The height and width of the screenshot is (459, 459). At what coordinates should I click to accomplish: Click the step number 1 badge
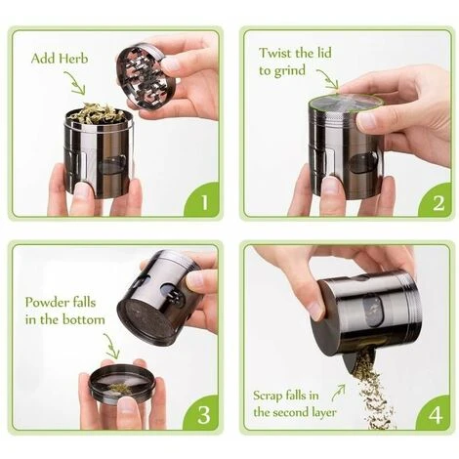pyautogui.click(x=202, y=201)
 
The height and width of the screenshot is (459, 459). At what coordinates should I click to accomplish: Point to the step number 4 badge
pyautogui.click(x=435, y=414)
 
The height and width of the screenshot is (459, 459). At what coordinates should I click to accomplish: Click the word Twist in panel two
pyautogui.click(x=276, y=53)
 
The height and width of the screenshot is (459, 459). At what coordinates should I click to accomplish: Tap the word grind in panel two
pyautogui.click(x=289, y=71)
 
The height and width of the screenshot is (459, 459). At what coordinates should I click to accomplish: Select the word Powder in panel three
pyautogui.click(x=47, y=302)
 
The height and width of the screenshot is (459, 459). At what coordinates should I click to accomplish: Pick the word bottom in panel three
pyautogui.click(x=83, y=319)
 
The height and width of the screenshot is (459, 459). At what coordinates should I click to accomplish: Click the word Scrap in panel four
pyautogui.click(x=268, y=396)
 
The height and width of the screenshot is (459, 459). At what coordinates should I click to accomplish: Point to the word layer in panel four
pyautogui.click(x=320, y=412)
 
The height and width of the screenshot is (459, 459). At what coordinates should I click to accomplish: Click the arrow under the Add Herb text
pyautogui.click(x=75, y=83)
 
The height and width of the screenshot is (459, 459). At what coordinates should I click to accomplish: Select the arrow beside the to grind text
pyautogui.click(x=327, y=79)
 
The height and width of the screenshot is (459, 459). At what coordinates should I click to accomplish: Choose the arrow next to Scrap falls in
pyautogui.click(x=338, y=393)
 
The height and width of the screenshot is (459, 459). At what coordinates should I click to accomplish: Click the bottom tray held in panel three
pyautogui.click(x=122, y=384)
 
